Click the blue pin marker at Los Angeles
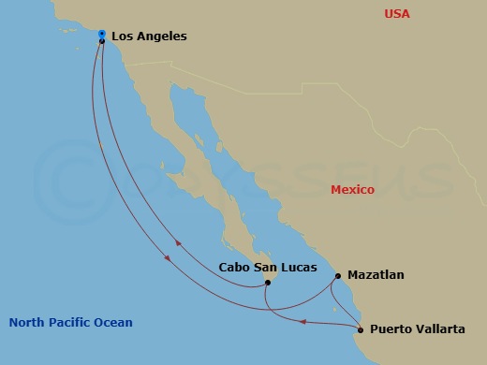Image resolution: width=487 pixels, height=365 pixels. [x=101, y=35]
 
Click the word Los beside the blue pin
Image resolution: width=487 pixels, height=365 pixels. [x=122, y=36]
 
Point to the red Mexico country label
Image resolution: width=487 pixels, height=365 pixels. [x=352, y=190]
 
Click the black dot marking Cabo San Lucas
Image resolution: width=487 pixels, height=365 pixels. [x=267, y=283]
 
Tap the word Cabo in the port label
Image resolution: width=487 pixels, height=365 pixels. [x=235, y=267]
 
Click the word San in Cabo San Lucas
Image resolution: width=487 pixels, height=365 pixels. [x=266, y=267]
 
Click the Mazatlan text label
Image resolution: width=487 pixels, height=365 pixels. [x=376, y=275]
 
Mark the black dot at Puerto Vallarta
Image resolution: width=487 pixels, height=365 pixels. [x=361, y=329]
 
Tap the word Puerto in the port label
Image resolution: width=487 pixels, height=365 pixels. [x=391, y=329]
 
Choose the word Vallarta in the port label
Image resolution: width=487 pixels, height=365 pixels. [x=440, y=329]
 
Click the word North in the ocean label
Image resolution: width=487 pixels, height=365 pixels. [x=27, y=323]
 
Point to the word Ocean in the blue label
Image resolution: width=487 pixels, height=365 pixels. [x=116, y=323]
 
